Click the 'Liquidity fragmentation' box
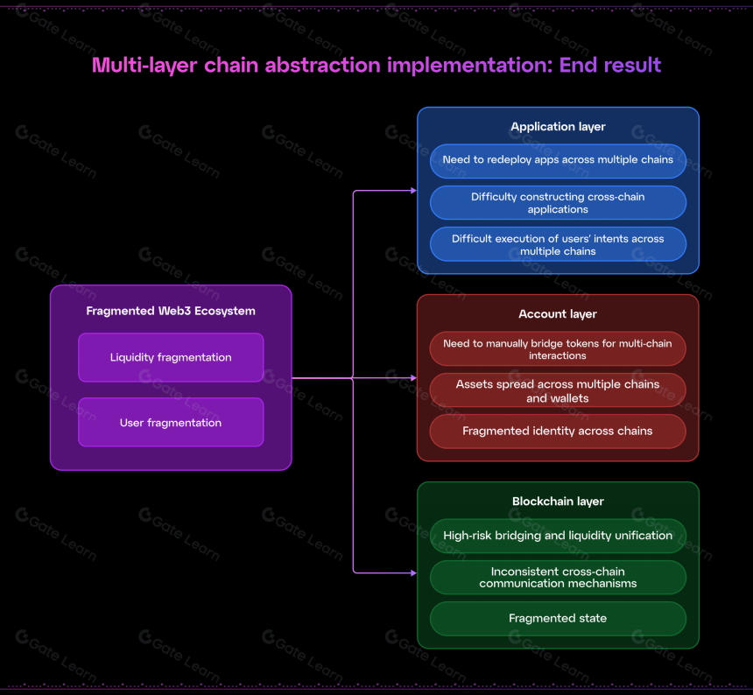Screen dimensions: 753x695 click(x=171, y=357)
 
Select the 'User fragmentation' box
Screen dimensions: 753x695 click(x=171, y=423)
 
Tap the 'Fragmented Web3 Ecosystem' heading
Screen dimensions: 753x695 click(x=171, y=311)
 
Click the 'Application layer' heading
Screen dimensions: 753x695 click(x=558, y=127)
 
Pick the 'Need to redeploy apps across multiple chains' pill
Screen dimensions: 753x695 click(x=558, y=161)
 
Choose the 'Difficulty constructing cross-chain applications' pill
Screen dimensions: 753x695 click(x=558, y=202)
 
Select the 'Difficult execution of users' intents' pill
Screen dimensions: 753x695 click(x=558, y=244)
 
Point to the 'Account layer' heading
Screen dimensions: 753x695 click(x=558, y=314)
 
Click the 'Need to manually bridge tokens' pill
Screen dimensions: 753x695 click(x=558, y=348)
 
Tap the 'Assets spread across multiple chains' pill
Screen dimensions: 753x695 click(x=558, y=390)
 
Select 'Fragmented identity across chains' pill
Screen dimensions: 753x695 click(x=558, y=432)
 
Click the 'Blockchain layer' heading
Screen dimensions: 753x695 click(x=558, y=502)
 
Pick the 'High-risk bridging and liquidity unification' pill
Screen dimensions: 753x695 click(x=558, y=536)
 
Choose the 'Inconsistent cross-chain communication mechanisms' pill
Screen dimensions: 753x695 click(x=558, y=578)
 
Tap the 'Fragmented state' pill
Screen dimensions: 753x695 click(x=558, y=619)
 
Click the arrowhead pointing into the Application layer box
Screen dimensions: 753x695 click(x=413, y=191)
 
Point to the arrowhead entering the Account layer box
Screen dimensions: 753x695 click(x=413, y=378)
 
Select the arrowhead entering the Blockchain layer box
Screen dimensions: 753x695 click(x=413, y=572)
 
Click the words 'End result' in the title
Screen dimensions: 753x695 click(x=610, y=66)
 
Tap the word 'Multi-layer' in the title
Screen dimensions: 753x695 click(x=144, y=66)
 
